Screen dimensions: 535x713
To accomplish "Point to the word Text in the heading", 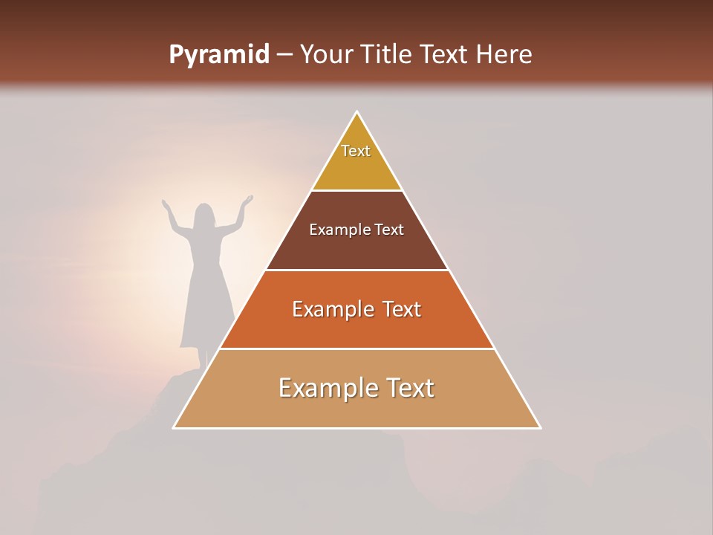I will point(446,55).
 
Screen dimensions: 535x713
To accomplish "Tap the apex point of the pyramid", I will point(356,112).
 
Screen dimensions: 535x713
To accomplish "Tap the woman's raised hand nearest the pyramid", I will point(248,200).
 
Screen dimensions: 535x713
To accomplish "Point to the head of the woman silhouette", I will point(204,215).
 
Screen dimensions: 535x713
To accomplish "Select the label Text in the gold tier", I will point(356,151).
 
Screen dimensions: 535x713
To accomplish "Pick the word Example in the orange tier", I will point(331,309).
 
